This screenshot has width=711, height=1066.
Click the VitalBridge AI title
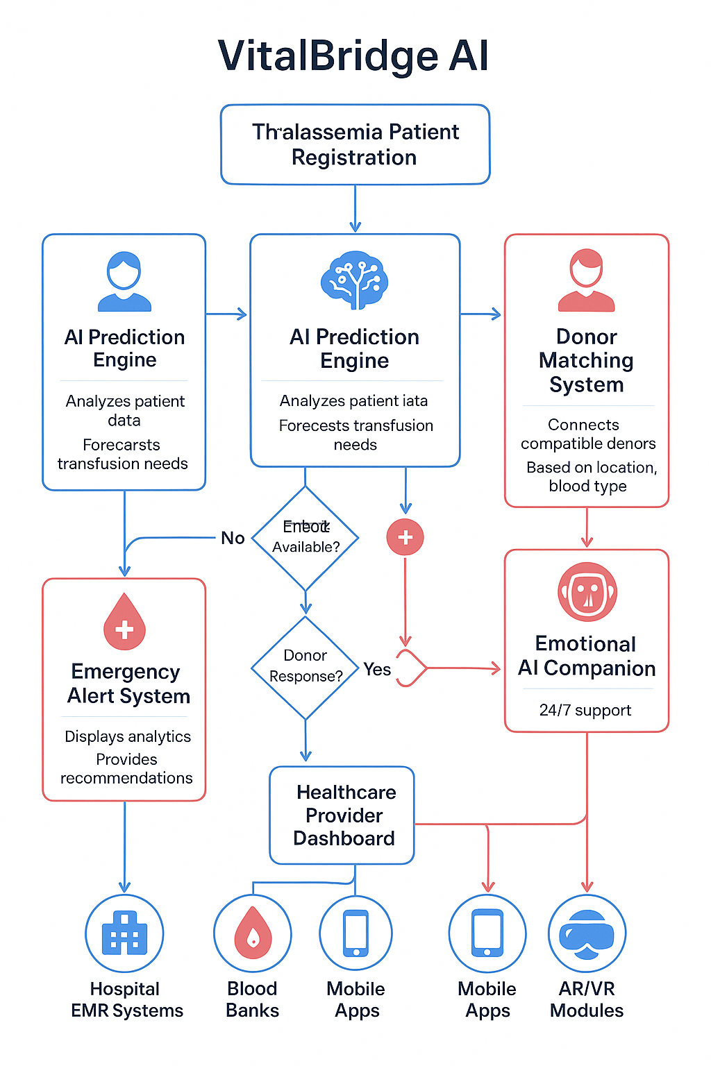pos(353,56)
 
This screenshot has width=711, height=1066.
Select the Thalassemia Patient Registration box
pos(355,144)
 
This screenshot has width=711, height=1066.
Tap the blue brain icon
pos(354,280)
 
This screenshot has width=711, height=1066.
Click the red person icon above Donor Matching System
pos(586,280)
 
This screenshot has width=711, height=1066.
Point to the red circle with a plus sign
pos(405,537)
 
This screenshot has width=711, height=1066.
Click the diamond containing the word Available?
pos(306,538)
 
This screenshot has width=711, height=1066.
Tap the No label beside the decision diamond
pos(233,538)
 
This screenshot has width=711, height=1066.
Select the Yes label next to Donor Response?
pos(377,669)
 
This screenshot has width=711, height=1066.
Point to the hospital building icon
pos(124,933)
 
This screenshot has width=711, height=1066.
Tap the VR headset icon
pos(587,934)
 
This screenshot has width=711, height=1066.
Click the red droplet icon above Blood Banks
pos(253,933)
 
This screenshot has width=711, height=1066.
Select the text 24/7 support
pos(585,710)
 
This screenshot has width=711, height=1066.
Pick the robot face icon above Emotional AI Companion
pos(587,592)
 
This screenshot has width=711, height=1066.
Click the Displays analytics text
pos(128,736)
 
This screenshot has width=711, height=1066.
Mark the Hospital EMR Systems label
pos(126,999)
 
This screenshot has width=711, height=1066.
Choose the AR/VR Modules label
pos(587,999)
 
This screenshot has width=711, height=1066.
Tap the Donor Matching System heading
pos(586,360)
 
